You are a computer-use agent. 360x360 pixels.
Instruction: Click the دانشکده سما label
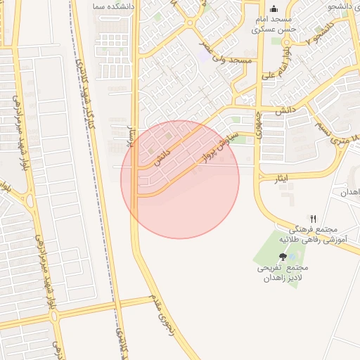click(107, 5)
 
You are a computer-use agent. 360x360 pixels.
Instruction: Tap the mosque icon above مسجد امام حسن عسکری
click(274, 9)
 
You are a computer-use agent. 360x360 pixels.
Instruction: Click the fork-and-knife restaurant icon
click(314, 219)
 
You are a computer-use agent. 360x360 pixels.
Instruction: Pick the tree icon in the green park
click(283, 257)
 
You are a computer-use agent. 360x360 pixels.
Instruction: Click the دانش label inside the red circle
click(162, 155)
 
